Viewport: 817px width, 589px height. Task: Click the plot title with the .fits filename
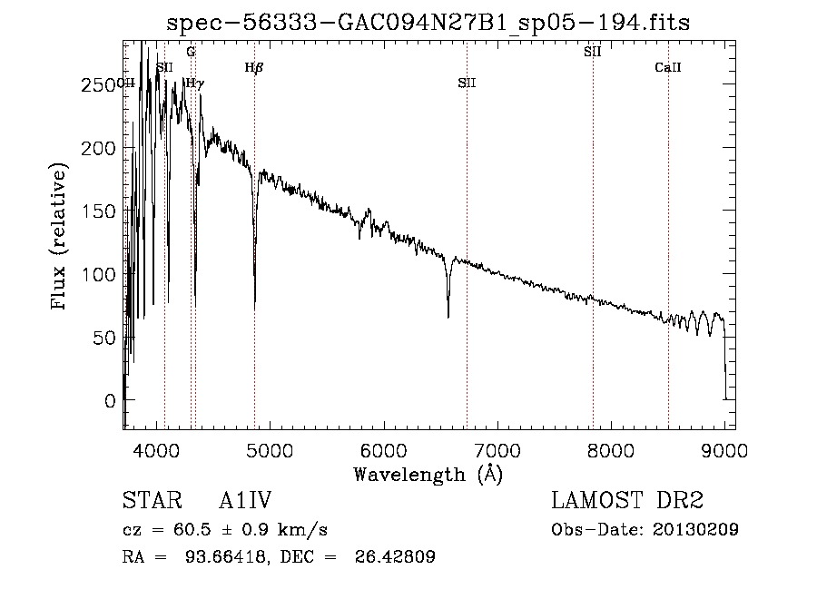pos(428,23)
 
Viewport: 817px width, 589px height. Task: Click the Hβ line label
pos(254,67)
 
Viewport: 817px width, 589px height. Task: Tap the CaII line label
pos(668,67)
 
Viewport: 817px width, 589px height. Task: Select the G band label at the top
pos(191,52)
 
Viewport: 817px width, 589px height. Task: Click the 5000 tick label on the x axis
pos(270,448)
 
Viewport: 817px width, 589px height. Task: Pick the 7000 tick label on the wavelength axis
pos(497,448)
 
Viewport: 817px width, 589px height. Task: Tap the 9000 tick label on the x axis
pos(724,448)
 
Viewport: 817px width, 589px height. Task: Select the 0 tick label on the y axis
pos(109,400)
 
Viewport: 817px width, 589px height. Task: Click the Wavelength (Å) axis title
pos(428,473)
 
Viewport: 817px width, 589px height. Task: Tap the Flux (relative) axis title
pos(61,238)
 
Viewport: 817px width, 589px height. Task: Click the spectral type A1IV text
pos(246,501)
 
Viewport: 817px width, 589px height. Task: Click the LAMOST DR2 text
pos(627,501)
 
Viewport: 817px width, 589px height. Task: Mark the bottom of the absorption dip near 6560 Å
pos(448,316)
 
